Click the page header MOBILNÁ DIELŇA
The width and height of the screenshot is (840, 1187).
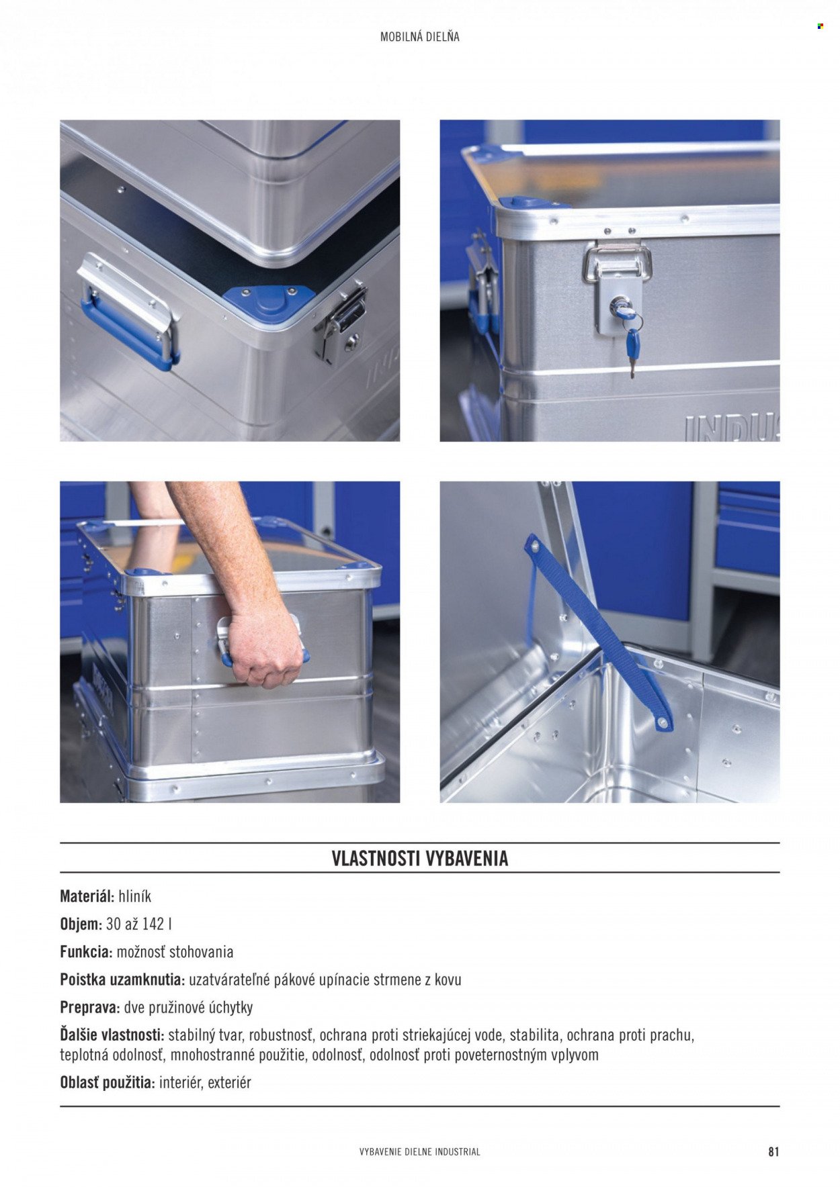419,37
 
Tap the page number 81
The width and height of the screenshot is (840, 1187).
773,1151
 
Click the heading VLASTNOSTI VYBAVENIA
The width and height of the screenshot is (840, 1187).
419,859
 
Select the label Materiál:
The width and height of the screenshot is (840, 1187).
87,896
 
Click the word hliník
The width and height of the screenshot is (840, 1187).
135,896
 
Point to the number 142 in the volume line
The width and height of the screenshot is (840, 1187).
153,924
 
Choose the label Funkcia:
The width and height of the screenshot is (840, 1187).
86,951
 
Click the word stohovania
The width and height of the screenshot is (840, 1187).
202,951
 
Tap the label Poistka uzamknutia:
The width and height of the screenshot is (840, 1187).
122,980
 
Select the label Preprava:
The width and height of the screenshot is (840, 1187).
90,1007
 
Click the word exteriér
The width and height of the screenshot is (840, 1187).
230,1082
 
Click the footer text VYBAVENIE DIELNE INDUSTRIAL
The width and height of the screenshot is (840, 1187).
420,1151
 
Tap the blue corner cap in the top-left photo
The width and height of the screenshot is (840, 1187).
269,299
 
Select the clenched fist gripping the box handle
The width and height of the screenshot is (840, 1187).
264,647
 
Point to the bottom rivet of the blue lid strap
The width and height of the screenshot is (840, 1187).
664,723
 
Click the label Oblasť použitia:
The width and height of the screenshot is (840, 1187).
108,1082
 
